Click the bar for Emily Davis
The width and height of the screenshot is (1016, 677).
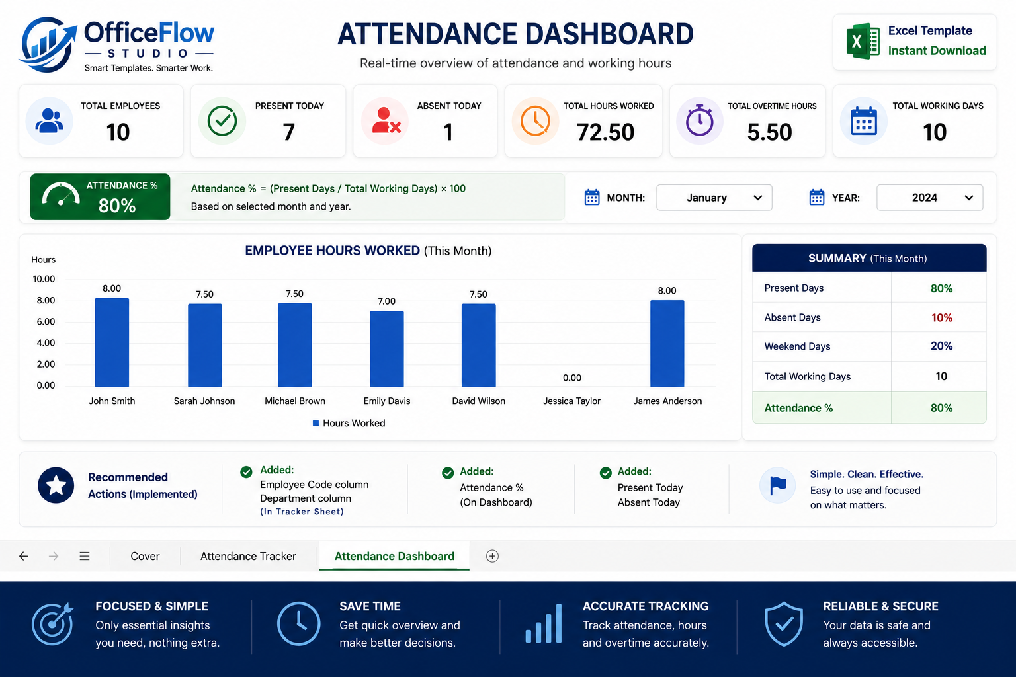tap(386, 348)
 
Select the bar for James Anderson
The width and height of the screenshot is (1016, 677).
tap(667, 343)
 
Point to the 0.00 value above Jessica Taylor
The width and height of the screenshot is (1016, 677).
tap(572, 378)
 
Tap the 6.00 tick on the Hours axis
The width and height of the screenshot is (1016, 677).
tap(46, 321)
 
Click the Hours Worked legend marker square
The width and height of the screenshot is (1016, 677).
tap(316, 423)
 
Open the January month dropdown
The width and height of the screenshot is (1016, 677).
tap(714, 198)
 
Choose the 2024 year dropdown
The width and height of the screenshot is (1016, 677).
tap(930, 198)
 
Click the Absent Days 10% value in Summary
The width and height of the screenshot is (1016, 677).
tap(942, 317)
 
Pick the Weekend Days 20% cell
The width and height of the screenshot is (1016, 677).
tap(942, 346)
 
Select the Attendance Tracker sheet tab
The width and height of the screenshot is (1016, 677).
tap(248, 556)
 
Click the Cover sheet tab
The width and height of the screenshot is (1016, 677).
tap(145, 556)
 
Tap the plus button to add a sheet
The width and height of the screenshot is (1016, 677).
tap(492, 556)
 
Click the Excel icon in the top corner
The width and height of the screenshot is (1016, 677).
tap(863, 41)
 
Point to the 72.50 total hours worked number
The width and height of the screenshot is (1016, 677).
tap(605, 132)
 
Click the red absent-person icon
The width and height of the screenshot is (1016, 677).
tap(386, 120)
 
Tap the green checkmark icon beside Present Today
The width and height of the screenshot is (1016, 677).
tap(222, 120)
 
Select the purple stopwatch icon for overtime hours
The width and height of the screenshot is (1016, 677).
tap(699, 120)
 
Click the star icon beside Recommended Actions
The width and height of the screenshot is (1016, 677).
tap(56, 485)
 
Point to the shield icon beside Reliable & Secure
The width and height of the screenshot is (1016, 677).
tap(784, 623)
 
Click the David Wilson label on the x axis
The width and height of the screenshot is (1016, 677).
tap(478, 401)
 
